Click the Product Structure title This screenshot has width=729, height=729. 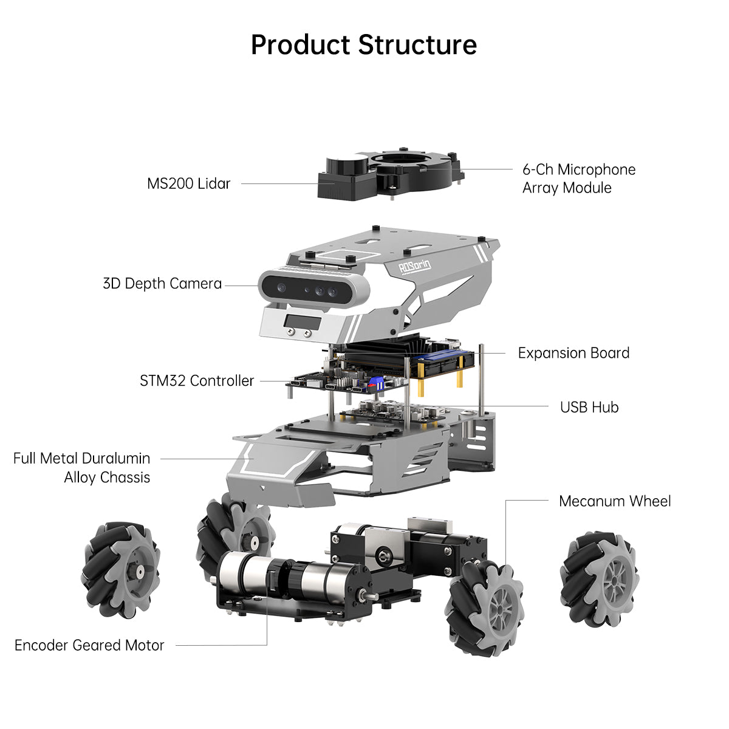point(364,45)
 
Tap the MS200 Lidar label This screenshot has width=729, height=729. point(188,183)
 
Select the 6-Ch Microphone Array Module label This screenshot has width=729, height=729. point(578,179)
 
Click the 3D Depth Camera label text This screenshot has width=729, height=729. point(162,284)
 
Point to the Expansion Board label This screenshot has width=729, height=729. point(573,353)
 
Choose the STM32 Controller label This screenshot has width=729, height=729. point(197,381)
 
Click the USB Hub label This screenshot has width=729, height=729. point(589,407)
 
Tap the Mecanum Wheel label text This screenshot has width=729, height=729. point(614,501)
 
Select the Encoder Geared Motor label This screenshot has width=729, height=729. point(89,645)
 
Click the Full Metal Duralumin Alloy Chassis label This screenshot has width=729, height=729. point(82,468)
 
